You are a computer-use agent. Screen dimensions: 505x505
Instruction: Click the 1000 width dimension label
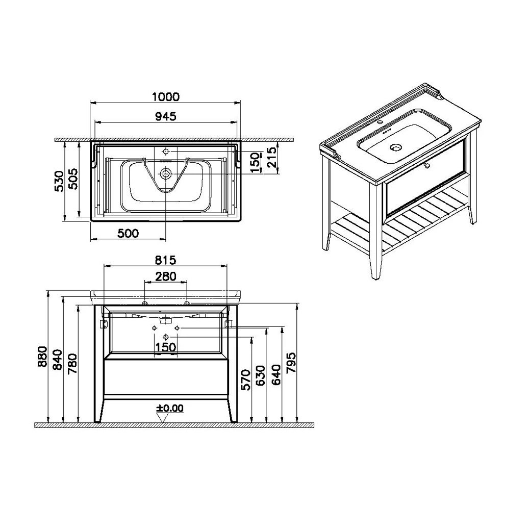166,96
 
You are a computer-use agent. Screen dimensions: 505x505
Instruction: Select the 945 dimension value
166,116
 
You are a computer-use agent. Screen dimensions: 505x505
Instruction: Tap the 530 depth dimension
60,181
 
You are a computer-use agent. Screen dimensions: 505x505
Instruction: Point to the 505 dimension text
73,179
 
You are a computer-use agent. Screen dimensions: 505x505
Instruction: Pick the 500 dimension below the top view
128,233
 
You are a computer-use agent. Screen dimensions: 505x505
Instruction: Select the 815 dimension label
166,260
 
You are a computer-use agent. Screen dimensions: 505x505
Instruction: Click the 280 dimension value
166,276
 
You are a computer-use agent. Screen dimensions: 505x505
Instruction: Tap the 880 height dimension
43,357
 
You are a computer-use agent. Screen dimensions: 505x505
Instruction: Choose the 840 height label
57,360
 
